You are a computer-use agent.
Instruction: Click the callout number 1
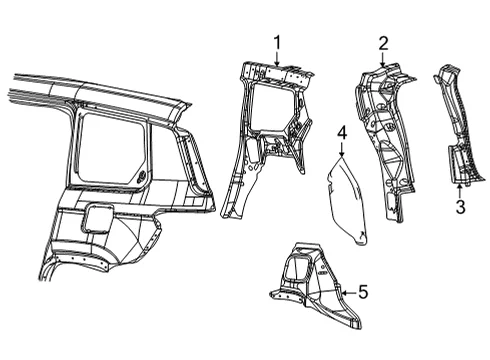(277, 43)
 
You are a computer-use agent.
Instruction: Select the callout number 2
(383, 43)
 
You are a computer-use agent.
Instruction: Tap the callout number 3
(460, 207)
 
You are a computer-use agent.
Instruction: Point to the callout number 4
(342, 133)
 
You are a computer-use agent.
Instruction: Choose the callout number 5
(363, 292)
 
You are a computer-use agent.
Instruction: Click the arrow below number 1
(276, 59)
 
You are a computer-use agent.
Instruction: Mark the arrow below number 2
(383, 59)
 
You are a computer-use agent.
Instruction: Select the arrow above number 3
(460, 191)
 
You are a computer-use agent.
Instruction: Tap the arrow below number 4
(341, 149)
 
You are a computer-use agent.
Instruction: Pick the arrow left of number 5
(349, 293)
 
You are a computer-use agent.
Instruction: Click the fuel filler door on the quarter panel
(97, 218)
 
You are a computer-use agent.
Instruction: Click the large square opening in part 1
(273, 107)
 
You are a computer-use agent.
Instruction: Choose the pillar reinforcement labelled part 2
(386, 140)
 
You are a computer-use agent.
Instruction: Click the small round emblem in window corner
(141, 177)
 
